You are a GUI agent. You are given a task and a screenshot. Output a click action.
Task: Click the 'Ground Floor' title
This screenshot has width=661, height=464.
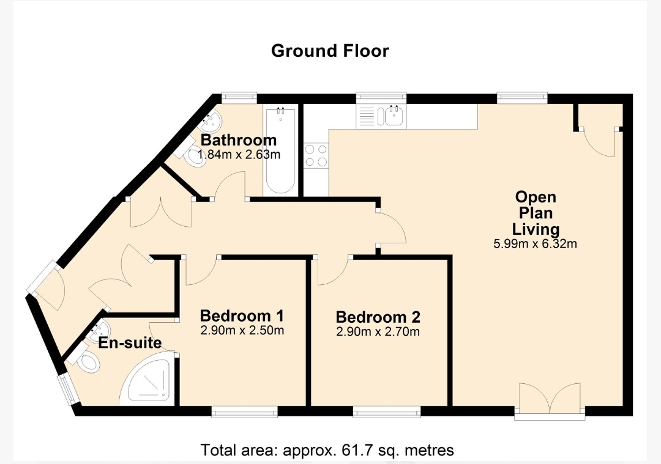tap(330, 51)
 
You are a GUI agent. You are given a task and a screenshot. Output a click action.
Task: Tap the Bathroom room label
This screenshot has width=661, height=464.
tap(239, 140)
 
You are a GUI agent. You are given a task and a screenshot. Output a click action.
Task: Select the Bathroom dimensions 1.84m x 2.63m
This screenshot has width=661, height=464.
tap(239, 155)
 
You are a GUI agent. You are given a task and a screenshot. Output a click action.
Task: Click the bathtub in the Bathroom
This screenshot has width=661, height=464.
tap(280, 150)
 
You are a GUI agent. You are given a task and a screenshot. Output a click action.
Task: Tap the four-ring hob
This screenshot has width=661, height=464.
tap(316, 155)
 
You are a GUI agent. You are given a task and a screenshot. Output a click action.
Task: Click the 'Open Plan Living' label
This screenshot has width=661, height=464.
tap(536, 213)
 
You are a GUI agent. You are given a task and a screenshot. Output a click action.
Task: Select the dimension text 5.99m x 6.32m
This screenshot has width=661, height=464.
tap(536, 244)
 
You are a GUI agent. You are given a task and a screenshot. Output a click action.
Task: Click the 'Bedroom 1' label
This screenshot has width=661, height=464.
tap(242, 315)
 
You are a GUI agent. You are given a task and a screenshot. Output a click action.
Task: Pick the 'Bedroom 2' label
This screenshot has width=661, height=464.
tap(378, 317)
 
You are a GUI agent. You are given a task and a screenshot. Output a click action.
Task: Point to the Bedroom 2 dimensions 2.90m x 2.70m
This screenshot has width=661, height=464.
tap(378, 332)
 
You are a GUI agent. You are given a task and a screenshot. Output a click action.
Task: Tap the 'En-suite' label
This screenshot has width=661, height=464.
tap(130, 343)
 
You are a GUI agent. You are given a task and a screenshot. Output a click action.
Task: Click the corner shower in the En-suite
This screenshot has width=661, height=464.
tap(147, 378)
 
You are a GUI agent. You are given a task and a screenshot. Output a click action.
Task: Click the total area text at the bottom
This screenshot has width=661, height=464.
tap(327, 450)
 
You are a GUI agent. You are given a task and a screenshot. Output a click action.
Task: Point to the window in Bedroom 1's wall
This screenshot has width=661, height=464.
tap(244, 412)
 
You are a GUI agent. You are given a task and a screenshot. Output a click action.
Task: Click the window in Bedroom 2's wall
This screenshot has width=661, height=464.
tap(387, 412)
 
